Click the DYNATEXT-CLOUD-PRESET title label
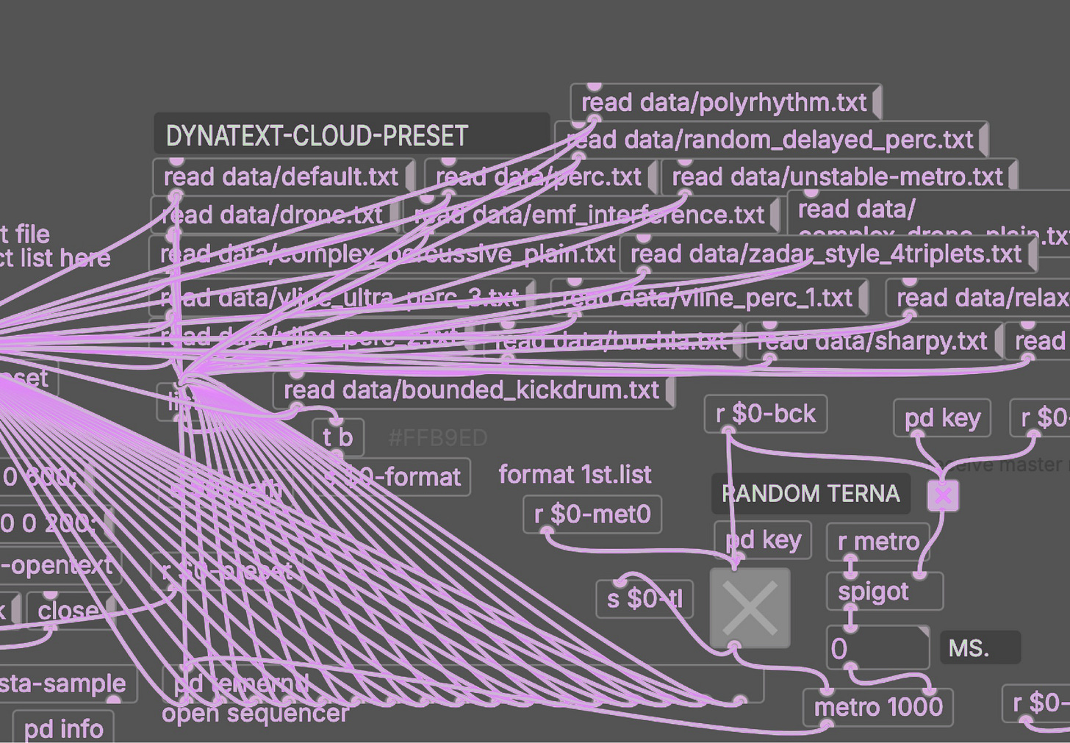[x=317, y=136]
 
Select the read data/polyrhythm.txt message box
[x=724, y=103]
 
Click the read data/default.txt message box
[x=281, y=177]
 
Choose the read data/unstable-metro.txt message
[x=837, y=177]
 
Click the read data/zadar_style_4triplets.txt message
[x=826, y=254]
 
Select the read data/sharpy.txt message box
[x=872, y=341]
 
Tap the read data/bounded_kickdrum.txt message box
[x=471, y=390]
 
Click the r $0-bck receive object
[x=765, y=414]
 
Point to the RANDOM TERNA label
[x=811, y=493]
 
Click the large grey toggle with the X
[x=750, y=608]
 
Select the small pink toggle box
[x=943, y=496]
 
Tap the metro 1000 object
[x=878, y=707]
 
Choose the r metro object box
[x=878, y=542]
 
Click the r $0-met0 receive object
[x=592, y=514]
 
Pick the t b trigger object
[x=337, y=437]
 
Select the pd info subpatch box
[x=63, y=728]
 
